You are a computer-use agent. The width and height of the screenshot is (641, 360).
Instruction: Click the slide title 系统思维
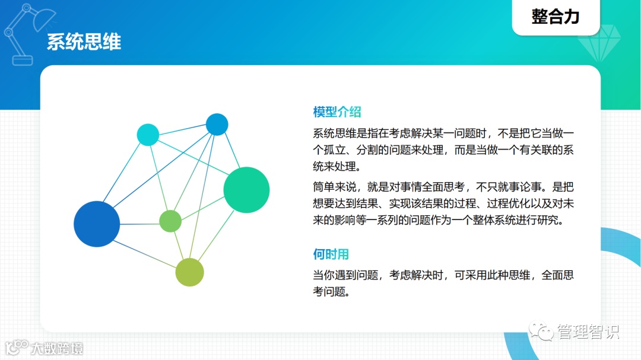click(84, 42)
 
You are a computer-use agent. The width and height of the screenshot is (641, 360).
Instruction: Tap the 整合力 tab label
click(556, 17)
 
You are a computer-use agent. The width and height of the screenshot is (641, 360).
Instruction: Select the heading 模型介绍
click(337, 111)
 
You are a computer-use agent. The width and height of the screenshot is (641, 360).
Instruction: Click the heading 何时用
click(331, 254)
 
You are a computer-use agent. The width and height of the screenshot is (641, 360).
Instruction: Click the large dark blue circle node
click(97, 224)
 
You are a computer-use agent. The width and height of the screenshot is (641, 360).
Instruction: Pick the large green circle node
click(246, 190)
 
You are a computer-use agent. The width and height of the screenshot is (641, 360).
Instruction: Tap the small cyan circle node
click(148, 135)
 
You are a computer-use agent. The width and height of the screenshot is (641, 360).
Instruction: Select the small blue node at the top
click(217, 124)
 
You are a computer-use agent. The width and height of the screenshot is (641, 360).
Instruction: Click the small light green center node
click(170, 221)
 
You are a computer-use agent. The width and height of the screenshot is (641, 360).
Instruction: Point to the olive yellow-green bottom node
click(190, 272)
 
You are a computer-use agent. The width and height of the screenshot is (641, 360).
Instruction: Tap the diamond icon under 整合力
click(599, 43)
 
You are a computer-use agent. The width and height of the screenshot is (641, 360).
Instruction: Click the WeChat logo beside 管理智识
click(541, 331)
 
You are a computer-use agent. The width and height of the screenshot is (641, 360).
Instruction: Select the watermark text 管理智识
click(588, 332)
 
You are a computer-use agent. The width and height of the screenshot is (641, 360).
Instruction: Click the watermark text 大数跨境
click(57, 348)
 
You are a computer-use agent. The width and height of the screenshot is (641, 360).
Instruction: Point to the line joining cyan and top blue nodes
click(182, 129)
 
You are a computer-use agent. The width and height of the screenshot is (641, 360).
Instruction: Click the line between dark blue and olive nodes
click(144, 254)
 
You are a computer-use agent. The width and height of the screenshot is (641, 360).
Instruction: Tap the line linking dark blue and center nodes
click(139, 224)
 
